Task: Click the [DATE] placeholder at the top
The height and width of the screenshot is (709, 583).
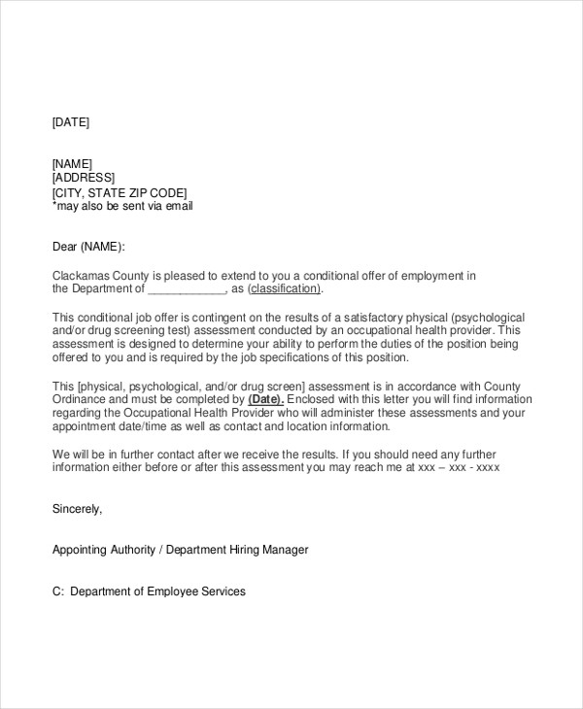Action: point(70,122)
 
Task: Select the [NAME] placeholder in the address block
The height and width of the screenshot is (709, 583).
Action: point(72,164)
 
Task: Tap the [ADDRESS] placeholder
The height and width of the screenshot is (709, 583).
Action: point(83,178)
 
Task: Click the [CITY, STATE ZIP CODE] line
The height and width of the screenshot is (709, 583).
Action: point(119,192)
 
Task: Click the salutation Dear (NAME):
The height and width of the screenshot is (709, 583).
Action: point(88,248)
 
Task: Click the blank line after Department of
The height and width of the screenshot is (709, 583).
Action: point(187,289)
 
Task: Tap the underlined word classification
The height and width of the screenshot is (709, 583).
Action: point(284,289)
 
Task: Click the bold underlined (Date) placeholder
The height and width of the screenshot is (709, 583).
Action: point(265,399)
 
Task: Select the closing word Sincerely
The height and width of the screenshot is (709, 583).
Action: point(76,508)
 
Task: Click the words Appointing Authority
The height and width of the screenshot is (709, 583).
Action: point(103,550)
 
